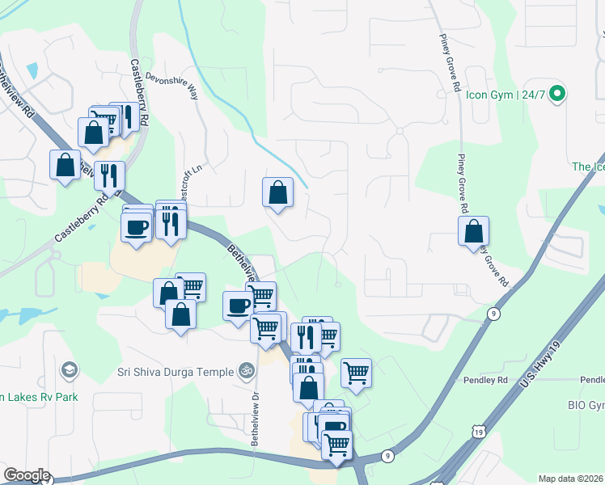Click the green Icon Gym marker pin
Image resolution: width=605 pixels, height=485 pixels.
coord(556,95)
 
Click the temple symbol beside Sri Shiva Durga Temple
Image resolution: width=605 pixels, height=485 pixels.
coord(245,371)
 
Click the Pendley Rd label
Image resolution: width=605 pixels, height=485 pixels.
coord(484,379)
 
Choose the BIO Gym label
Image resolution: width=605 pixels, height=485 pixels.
coord(586,404)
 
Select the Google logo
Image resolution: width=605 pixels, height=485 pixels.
coord(27,475)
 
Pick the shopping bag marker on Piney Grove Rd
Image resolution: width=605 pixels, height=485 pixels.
coord(473,230)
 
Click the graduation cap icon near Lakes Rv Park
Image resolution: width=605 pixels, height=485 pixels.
coord(70,370)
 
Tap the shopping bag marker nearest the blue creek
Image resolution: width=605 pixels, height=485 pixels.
coord(277,192)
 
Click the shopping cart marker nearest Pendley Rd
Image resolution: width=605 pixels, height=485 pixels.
coord(356,373)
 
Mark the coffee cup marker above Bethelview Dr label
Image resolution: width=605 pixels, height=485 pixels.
coord(238,306)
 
